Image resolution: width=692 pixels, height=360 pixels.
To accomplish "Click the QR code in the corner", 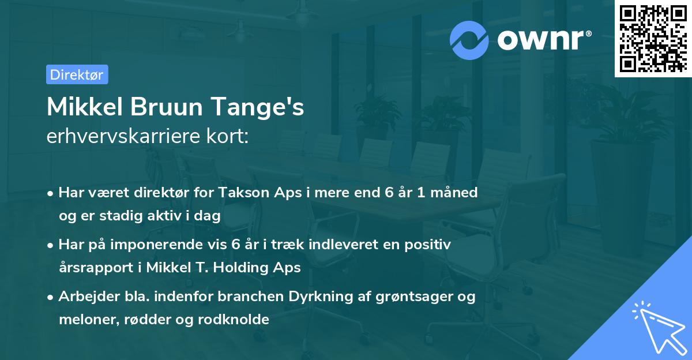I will click(x=653, y=38).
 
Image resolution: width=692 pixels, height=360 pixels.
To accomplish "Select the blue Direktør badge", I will click(x=77, y=74).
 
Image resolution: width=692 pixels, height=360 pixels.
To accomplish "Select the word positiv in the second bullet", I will click(x=430, y=245).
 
